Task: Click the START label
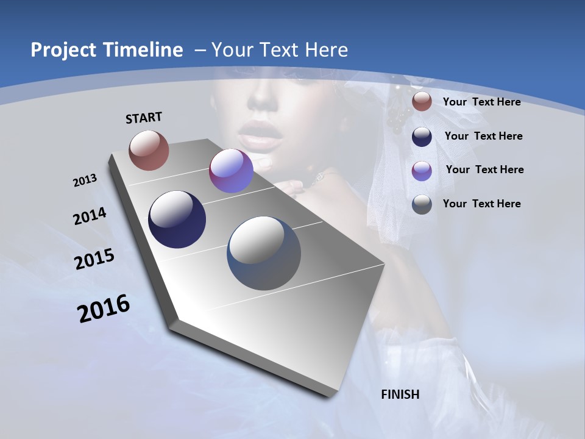click(144, 118)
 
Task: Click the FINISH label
click(400, 394)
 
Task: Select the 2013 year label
click(85, 180)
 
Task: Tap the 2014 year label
click(90, 216)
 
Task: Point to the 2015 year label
click(94, 259)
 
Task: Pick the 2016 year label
click(104, 309)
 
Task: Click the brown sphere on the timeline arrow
click(149, 150)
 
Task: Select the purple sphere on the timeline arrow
click(231, 171)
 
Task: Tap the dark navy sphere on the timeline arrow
click(177, 220)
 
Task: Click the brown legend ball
click(422, 102)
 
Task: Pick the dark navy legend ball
click(422, 136)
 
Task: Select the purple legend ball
click(422, 170)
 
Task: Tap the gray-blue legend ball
click(422, 204)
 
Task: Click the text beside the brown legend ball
click(481, 102)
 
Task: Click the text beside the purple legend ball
click(484, 170)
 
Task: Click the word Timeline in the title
click(146, 50)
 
